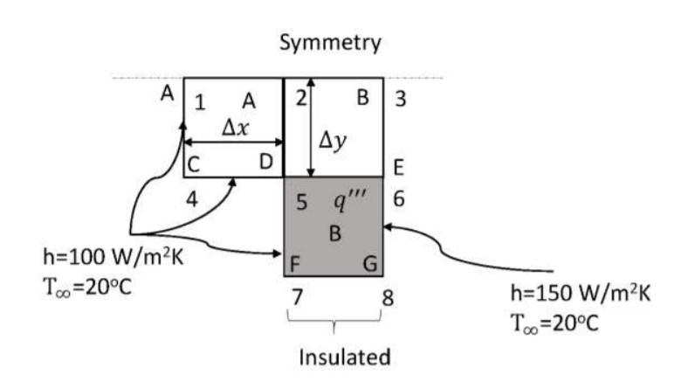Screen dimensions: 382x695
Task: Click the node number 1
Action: (x=200, y=101)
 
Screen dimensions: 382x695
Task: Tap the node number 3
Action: (x=400, y=98)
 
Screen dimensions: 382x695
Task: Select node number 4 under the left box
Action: (x=190, y=198)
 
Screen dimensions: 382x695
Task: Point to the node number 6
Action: (x=399, y=198)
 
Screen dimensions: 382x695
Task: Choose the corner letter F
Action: (x=296, y=262)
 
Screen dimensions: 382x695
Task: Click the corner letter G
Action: (x=370, y=263)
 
